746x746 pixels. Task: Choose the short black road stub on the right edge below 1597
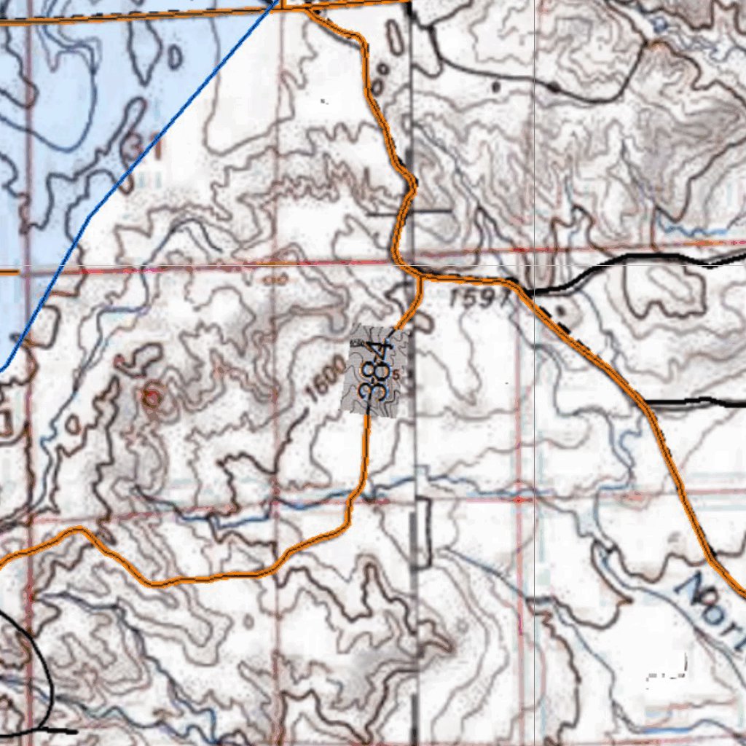[x=696, y=401]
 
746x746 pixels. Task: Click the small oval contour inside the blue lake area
[x=175, y=56]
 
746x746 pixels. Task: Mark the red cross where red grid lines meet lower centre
[x=518, y=500]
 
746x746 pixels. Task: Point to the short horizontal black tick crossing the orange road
[x=408, y=212]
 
